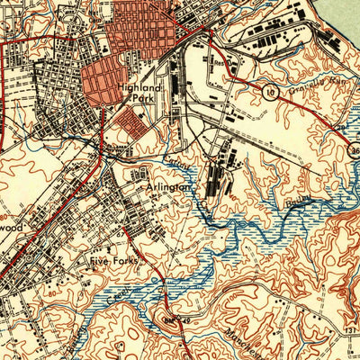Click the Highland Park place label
pos(139,94)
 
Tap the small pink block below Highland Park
pos(135,125)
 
